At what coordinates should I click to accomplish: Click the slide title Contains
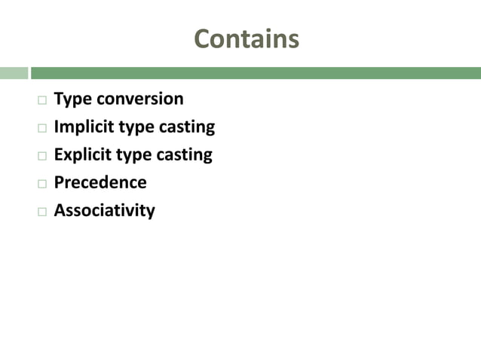(x=247, y=38)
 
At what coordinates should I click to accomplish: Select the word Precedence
(x=100, y=182)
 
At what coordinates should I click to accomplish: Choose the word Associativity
(x=104, y=210)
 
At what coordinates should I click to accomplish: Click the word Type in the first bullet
(x=71, y=99)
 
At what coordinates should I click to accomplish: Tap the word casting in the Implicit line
(x=186, y=127)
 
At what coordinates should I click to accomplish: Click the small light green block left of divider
(x=14, y=73)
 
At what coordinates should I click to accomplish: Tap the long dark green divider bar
(x=256, y=73)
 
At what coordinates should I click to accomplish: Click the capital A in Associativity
(x=60, y=210)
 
